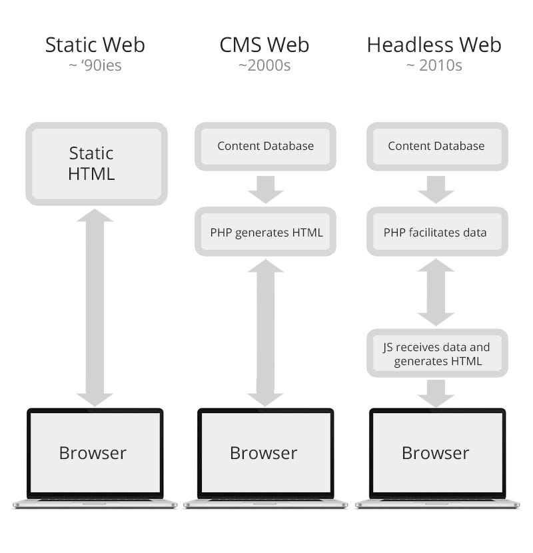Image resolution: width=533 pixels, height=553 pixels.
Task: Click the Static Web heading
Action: (x=95, y=45)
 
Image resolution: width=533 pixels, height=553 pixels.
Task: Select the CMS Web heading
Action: (x=265, y=45)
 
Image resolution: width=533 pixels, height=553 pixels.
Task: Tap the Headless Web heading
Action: (x=434, y=45)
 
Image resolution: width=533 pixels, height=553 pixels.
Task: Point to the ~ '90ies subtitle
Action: (x=95, y=66)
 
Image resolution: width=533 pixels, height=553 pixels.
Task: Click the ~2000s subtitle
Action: (x=265, y=66)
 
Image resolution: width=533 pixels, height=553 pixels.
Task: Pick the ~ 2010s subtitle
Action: (x=434, y=66)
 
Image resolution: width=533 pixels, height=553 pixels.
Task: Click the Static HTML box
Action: (x=96, y=163)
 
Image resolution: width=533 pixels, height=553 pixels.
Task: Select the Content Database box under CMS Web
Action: (x=265, y=146)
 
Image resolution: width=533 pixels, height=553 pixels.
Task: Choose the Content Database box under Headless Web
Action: (x=436, y=146)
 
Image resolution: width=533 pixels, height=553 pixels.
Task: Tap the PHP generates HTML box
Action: (x=266, y=233)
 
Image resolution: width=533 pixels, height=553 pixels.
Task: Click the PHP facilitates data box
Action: (x=436, y=233)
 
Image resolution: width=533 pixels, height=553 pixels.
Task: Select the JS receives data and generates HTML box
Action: (x=436, y=354)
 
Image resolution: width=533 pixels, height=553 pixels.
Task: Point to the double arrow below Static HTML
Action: (x=95, y=306)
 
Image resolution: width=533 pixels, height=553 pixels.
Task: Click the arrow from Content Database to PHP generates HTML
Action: (x=265, y=189)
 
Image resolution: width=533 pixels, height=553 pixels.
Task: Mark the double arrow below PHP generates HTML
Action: (x=265, y=332)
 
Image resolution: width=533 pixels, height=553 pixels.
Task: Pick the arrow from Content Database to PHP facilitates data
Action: (x=436, y=189)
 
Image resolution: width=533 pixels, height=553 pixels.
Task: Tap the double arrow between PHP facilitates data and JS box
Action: (x=436, y=292)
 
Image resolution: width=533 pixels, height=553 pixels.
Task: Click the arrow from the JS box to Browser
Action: (x=436, y=392)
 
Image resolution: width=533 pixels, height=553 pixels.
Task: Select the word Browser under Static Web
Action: (x=93, y=453)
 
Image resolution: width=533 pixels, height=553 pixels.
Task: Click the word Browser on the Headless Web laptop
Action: (x=435, y=453)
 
